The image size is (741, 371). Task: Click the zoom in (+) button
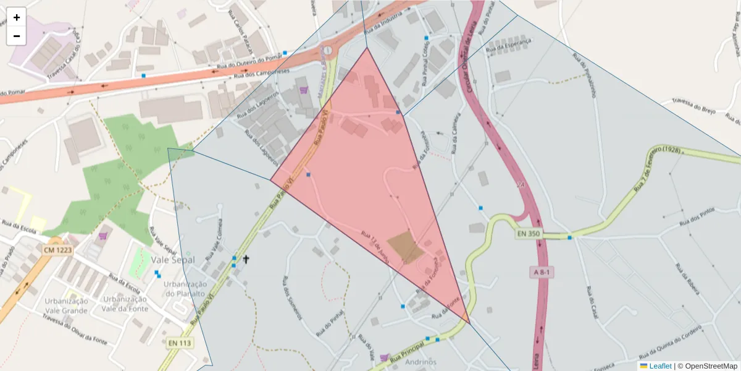[x=17, y=17]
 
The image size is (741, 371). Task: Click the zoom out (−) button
[x=17, y=36]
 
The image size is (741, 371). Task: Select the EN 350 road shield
[x=529, y=234]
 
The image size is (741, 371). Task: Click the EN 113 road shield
[x=179, y=342]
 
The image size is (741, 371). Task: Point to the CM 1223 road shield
[x=58, y=250]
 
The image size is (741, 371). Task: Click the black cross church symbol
[x=246, y=259]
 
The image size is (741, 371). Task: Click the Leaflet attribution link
[x=659, y=366]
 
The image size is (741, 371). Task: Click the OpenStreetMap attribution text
[x=707, y=366]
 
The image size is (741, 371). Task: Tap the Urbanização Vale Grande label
[x=66, y=305]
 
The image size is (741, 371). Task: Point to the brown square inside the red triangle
[x=404, y=247]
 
